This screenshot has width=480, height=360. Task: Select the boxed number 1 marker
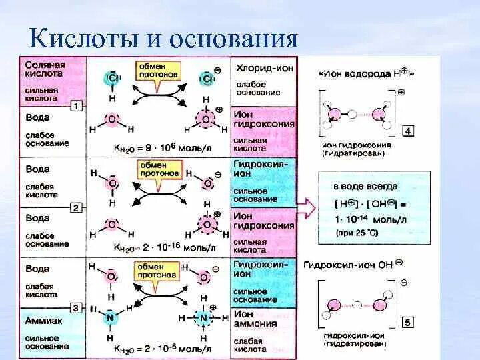pyautogui.click(x=77, y=106)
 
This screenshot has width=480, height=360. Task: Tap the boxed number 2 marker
pyautogui.click(x=77, y=208)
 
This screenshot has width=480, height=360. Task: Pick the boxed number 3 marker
pyautogui.click(x=77, y=307)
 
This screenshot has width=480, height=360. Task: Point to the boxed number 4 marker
pyautogui.click(x=407, y=132)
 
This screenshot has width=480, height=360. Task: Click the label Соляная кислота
pyautogui.click(x=45, y=70)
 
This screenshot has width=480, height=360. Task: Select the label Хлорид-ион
pyautogui.click(x=262, y=69)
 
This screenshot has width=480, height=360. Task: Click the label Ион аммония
pyautogui.click(x=255, y=319)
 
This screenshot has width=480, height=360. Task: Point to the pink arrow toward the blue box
pyautogui.click(x=306, y=208)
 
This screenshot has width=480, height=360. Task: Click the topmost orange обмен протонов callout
pyautogui.click(x=158, y=70)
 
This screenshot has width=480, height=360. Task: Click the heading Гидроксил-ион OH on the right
pyautogui.click(x=352, y=264)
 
